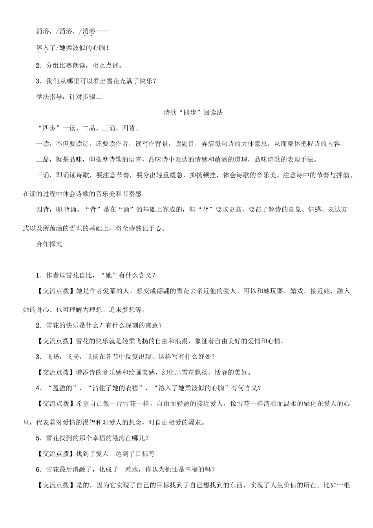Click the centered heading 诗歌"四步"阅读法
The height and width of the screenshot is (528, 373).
(193, 113)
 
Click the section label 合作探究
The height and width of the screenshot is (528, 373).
(49, 244)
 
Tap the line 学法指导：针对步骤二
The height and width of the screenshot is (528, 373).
(69, 97)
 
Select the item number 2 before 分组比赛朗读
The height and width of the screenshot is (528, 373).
(38, 65)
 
